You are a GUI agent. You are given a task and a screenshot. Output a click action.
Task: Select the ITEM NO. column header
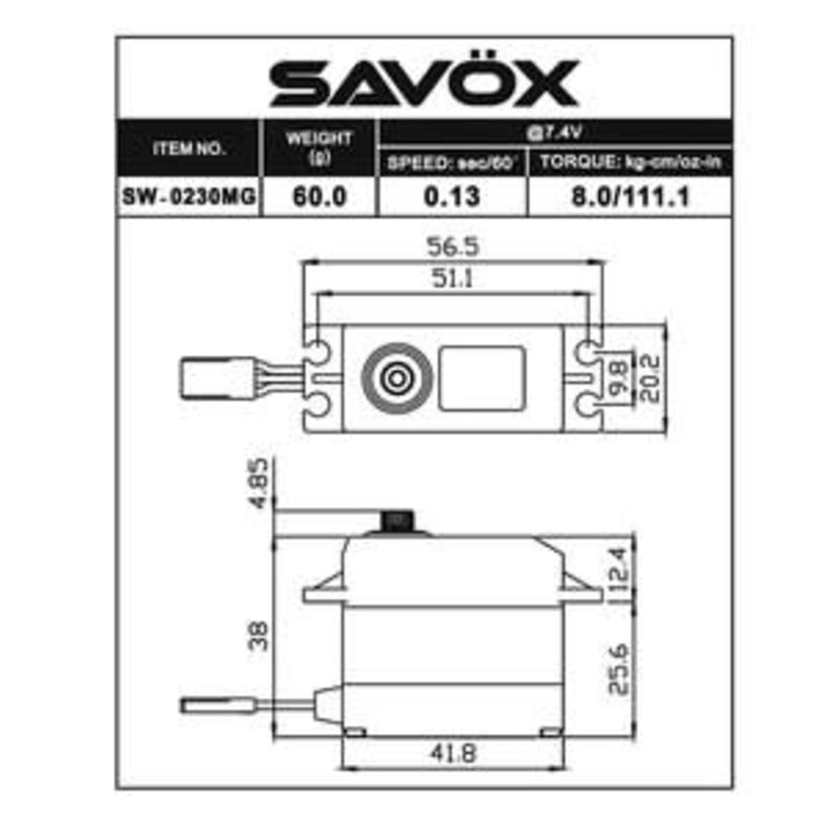tap(189, 149)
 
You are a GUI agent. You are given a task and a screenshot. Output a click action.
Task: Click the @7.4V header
tap(554, 133)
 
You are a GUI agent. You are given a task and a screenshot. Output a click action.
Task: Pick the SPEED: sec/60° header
tap(452, 164)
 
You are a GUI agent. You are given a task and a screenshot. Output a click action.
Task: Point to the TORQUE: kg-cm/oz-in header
tap(630, 163)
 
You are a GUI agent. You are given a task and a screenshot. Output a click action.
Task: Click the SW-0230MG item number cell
tap(189, 196)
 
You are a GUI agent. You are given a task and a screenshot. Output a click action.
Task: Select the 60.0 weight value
tap(320, 196)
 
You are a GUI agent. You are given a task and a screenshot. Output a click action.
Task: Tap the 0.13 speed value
tap(452, 196)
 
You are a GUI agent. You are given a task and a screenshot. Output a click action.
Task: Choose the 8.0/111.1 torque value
tap(630, 196)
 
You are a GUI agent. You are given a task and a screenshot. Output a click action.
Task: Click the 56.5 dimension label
tap(453, 247)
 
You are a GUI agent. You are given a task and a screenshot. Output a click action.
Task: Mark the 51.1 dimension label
tap(453, 278)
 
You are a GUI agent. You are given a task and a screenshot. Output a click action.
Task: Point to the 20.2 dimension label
tap(651, 378)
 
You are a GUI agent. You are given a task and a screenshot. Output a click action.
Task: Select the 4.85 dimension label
tap(260, 483)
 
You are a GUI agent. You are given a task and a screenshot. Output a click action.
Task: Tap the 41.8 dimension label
tap(453, 753)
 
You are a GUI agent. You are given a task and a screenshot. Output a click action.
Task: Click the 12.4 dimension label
tap(619, 570)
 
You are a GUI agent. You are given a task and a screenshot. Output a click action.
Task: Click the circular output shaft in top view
tap(397, 379)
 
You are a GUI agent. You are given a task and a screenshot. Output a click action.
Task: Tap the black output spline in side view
tap(397, 522)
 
